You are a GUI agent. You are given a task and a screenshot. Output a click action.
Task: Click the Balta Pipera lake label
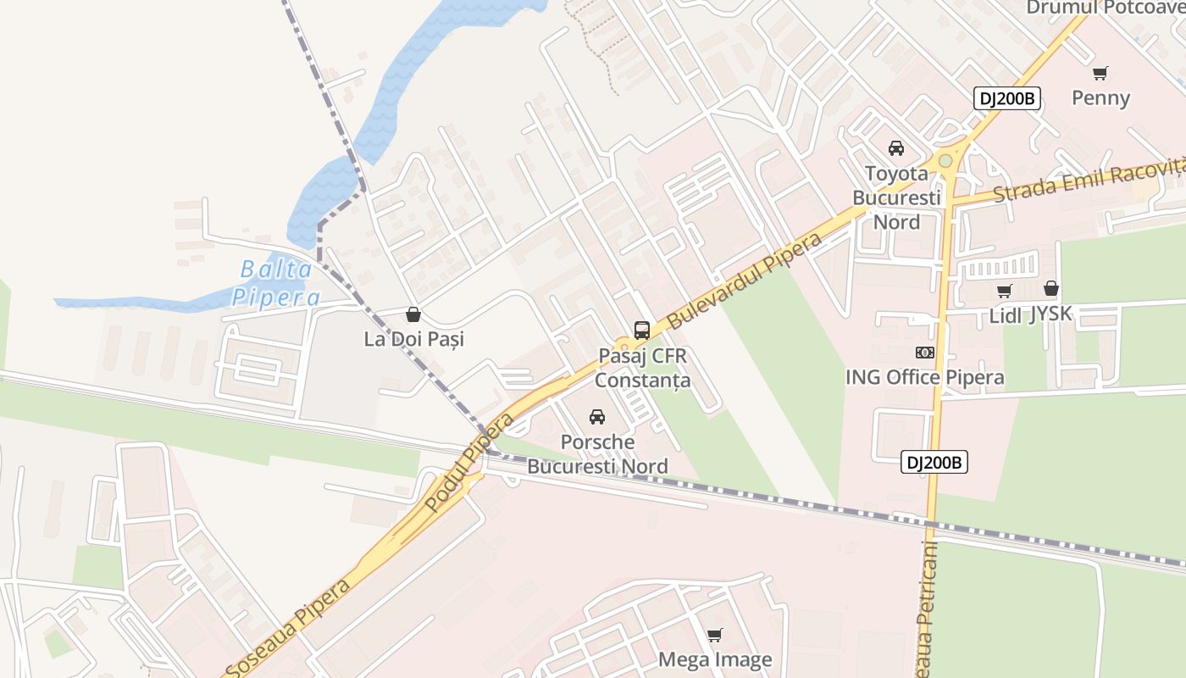coord(276,284)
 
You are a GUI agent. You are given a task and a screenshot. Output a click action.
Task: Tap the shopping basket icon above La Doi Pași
coord(413,315)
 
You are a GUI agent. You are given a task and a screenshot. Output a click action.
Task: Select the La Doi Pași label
coord(413,339)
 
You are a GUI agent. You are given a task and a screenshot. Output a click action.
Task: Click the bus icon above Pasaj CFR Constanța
coord(642,331)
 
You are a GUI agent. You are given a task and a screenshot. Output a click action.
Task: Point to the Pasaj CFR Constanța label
coord(642,368)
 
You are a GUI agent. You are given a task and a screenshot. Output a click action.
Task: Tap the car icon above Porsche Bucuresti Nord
coord(597,417)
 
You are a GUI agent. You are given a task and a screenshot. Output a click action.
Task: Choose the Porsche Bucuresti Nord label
coord(597,454)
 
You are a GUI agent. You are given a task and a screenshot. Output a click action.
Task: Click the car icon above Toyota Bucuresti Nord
coord(896,148)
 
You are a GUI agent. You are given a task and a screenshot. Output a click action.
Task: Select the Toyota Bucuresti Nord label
coord(896,197)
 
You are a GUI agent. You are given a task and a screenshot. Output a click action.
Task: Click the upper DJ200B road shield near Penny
coord(1006,98)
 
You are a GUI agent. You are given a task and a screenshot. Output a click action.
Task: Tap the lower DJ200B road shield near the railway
coord(934,463)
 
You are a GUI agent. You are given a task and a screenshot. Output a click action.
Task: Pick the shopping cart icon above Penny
coord(1100,73)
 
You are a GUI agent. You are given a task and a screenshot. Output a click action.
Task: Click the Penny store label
coord(1100,97)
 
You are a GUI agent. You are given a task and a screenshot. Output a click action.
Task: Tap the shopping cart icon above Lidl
coord(1005,292)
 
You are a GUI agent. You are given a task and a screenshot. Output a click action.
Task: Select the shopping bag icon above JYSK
coord(1051,289)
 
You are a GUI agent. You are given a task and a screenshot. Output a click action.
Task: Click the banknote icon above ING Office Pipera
coord(925,353)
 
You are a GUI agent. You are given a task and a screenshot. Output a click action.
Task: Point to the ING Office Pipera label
coord(925,377)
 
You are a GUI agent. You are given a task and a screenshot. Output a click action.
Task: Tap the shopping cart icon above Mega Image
coord(715,635)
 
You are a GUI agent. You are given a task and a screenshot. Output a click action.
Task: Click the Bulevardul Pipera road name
coord(745,281)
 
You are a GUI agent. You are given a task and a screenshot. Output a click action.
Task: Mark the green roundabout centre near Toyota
coord(945,160)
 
